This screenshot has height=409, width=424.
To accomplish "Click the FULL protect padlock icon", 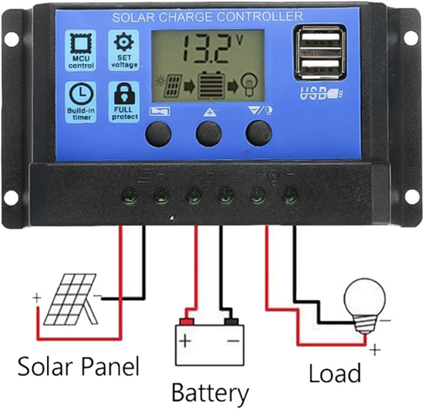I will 124,94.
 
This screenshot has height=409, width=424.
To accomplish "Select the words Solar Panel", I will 78,366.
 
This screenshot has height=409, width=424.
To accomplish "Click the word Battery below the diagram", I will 210,393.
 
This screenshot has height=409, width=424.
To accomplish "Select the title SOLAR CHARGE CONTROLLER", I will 207,17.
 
